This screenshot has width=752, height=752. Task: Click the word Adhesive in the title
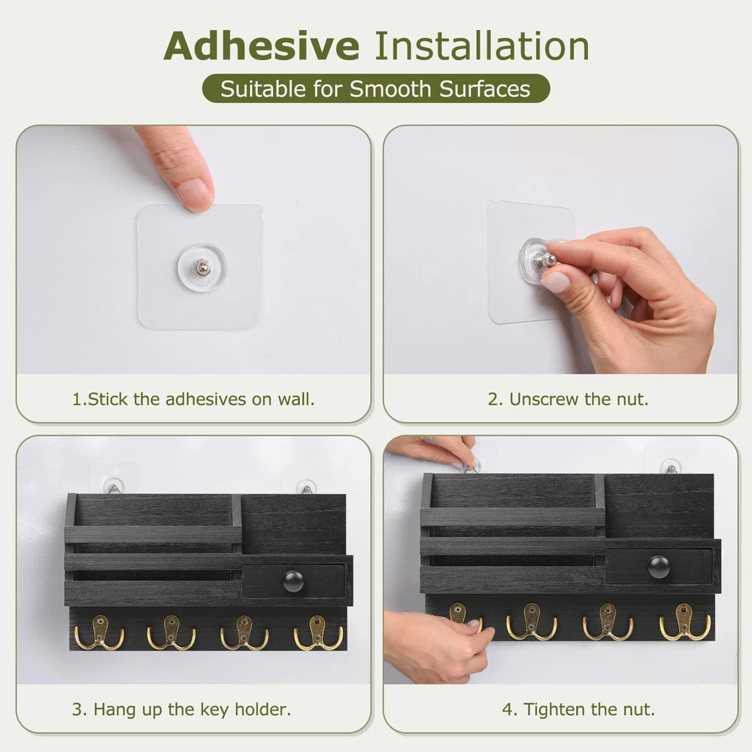click(262, 46)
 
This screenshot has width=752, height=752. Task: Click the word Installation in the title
click(481, 46)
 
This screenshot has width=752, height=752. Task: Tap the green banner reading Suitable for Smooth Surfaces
click(375, 89)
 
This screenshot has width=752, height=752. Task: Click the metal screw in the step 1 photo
click(202, 266)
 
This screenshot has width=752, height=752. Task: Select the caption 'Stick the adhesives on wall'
click(193, 399)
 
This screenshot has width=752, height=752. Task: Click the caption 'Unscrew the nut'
click(568, 399)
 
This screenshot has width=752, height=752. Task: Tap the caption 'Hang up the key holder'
click(181, 709)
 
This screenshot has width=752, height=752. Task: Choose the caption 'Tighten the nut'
click(578, 709)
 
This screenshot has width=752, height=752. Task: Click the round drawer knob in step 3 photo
click(293, 581)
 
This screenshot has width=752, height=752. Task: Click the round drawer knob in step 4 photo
click(659, 567)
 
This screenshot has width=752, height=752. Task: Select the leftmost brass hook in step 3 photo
click(99, 633)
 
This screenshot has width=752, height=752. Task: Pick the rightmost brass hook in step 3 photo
click(317, 633)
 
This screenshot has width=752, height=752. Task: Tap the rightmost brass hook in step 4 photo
click(684, 622)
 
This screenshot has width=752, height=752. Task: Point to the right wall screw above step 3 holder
click(306, 487)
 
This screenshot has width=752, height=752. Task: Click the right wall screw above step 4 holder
click(671, 467)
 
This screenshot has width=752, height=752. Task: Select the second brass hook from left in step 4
click(532, 622)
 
